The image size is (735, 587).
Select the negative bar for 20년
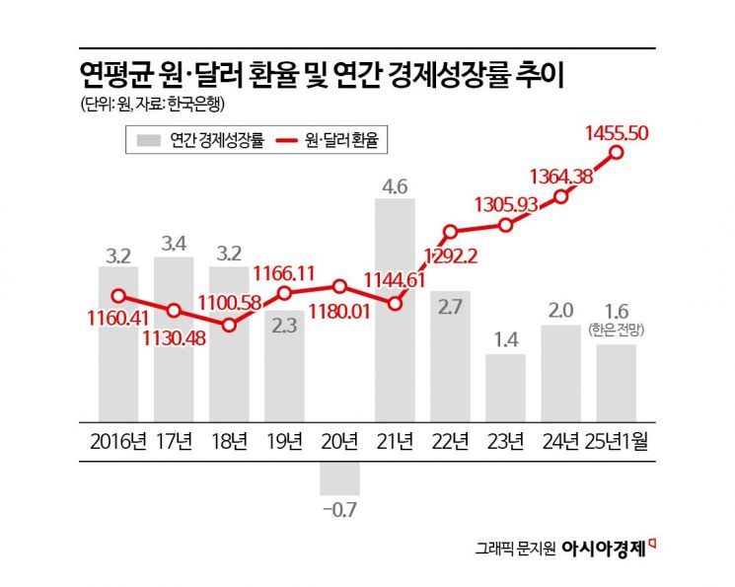tap(339, 477)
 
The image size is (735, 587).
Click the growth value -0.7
tap(338, 510)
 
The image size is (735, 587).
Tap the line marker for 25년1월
tap(618, 152)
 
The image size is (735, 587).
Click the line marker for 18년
tap(229, 324)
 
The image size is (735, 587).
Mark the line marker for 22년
tap(451, 233)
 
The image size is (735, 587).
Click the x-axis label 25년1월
tap(619, 439)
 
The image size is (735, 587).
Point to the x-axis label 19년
tap(284, 439)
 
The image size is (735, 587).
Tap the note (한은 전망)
tap(619, 328)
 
